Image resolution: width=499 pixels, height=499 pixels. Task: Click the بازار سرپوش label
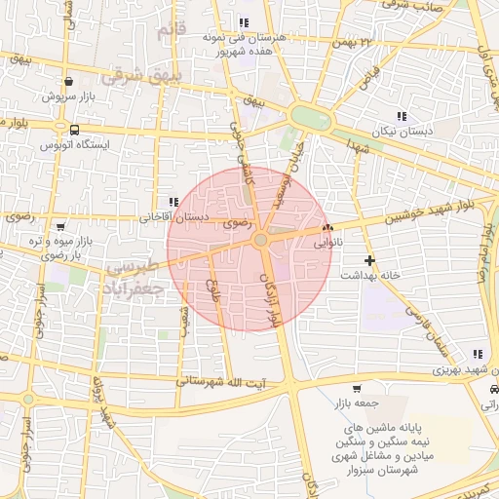(65, 97)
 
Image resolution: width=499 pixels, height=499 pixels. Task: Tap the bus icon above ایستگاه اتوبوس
(75, 129)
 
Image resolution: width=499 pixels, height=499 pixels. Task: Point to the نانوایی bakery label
(324, 245)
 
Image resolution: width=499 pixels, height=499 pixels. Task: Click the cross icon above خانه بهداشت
(369, 260)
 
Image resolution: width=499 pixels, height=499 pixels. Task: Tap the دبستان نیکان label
(398, 131)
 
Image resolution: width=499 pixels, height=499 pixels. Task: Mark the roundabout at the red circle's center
(261, 240)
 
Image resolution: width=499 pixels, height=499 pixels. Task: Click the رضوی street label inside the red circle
(233, 223)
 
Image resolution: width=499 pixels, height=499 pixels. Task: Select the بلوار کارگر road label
(271, 298)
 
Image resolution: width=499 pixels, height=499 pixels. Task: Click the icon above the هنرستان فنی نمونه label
(243, 22)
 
